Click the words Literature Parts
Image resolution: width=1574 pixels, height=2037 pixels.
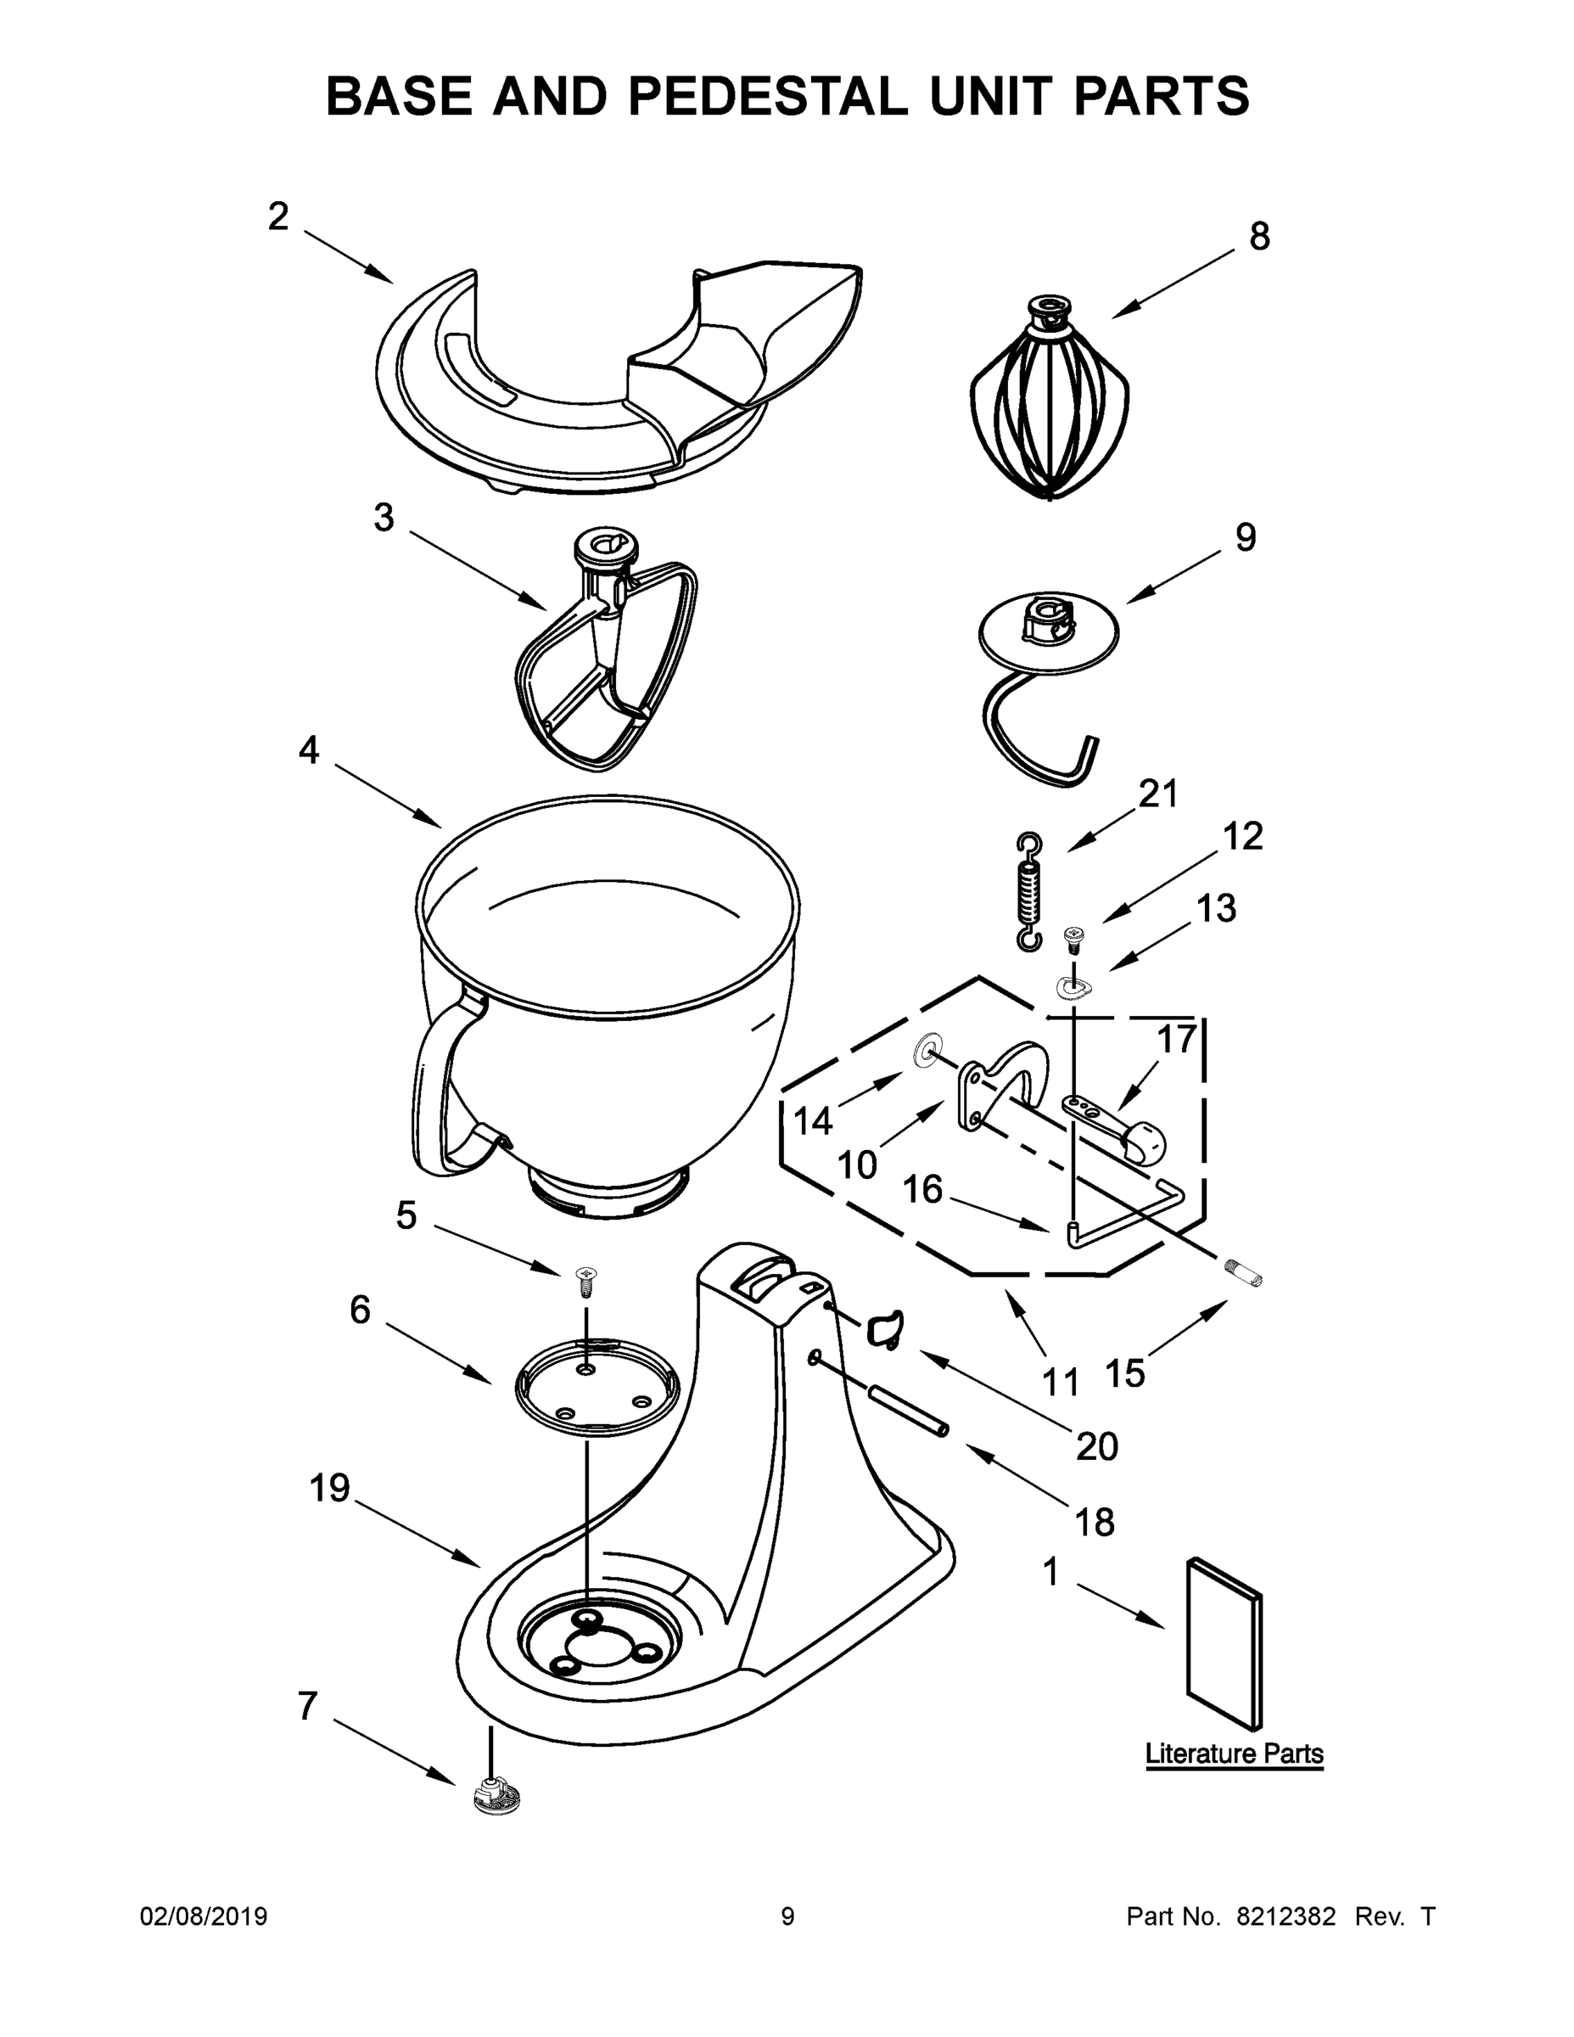[1234, 1754]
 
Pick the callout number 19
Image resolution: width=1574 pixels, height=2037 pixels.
[329, 1489]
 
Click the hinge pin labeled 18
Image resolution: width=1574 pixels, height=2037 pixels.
[908, 1409]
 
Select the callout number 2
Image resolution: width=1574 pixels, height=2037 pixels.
[277, 216]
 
